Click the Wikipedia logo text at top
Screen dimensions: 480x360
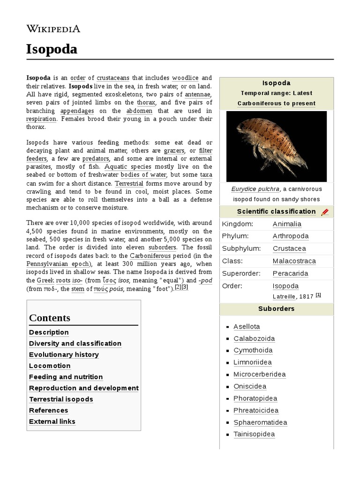[53, 29]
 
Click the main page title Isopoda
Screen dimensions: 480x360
[52, 49]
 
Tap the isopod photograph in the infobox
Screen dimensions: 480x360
[276, 146]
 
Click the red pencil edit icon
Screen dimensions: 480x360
[325, 212]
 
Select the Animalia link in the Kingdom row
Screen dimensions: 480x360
[287, 224]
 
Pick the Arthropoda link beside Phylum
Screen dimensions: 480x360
[291, 236]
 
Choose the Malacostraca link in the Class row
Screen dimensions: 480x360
[294, 261]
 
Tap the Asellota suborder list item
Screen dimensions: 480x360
[247, 327]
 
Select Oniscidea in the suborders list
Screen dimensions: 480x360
[250, 387]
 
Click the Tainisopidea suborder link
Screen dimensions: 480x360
[254, 435]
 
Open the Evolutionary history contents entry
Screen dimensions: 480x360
[64, 355]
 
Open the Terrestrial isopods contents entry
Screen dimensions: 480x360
[61, 399]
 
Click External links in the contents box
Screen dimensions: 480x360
[52, 421]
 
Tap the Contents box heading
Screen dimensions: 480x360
[50, 318]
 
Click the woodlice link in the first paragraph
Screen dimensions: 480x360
[185, 77]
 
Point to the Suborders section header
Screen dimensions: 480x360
[276, 309]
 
